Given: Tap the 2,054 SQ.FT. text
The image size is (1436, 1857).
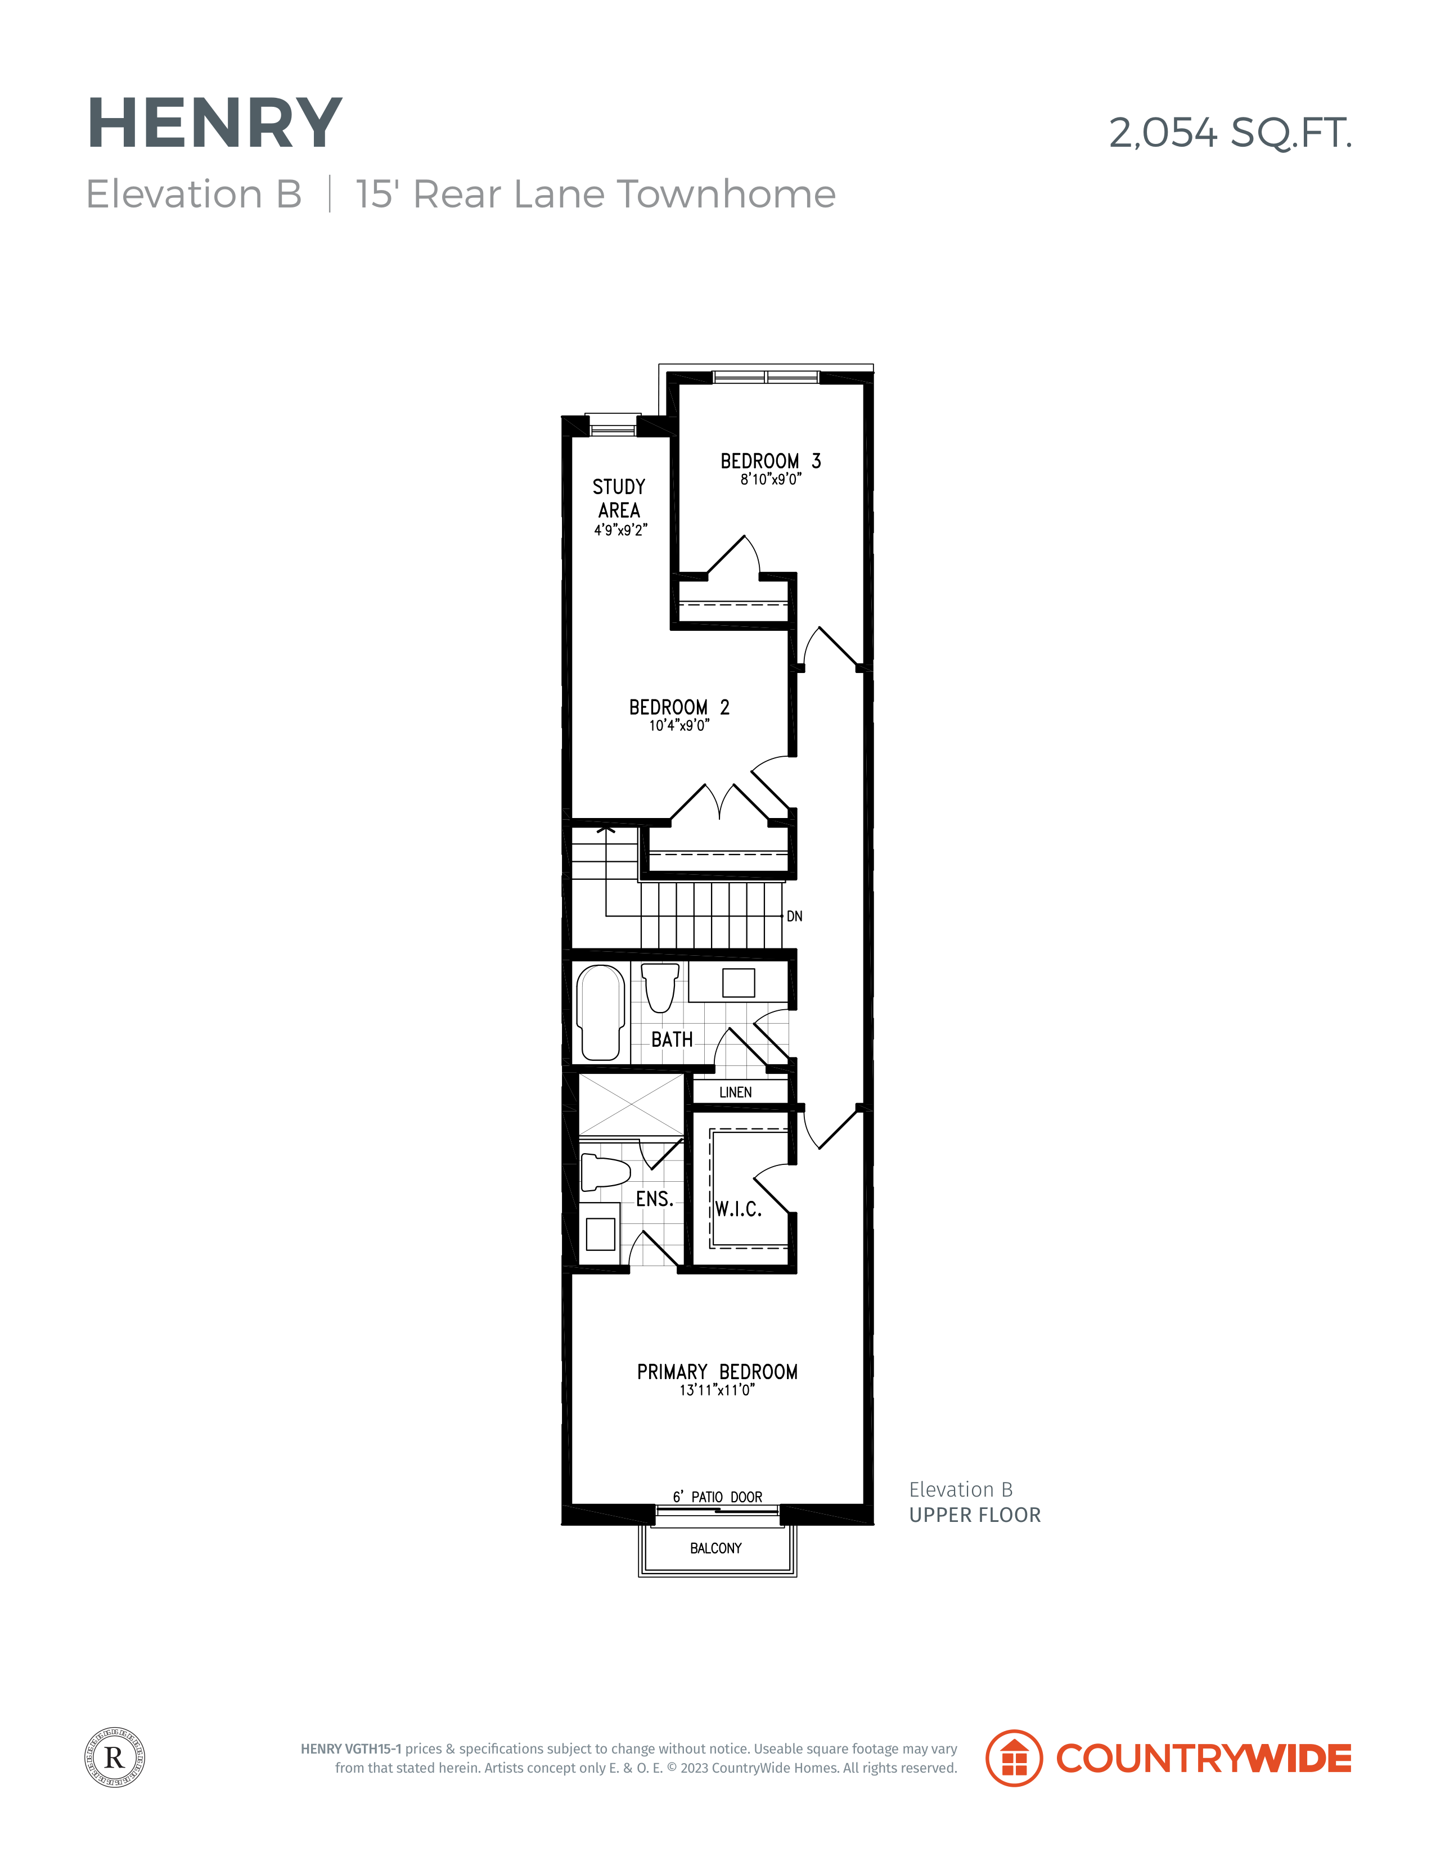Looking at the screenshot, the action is pos(1230,133).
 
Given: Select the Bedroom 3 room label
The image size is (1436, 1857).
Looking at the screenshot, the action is pos(771,461).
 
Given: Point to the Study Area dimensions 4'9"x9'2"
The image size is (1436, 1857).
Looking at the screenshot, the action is pos(620,530).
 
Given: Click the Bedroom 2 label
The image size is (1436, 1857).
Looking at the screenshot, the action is pos(679,707).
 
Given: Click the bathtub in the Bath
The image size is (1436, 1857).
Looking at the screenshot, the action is pos(601,1013).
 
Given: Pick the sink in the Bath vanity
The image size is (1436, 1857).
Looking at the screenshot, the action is pos(739,983).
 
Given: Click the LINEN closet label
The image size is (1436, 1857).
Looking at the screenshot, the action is pos(736,1092).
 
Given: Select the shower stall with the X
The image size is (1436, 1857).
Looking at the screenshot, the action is pos(631,1105).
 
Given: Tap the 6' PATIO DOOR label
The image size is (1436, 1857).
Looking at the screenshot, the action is pos(717,1497).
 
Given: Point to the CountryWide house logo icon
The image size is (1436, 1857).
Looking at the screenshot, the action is pos(1014,1757).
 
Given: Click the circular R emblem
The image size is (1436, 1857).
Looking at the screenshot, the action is pos(115,1757).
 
